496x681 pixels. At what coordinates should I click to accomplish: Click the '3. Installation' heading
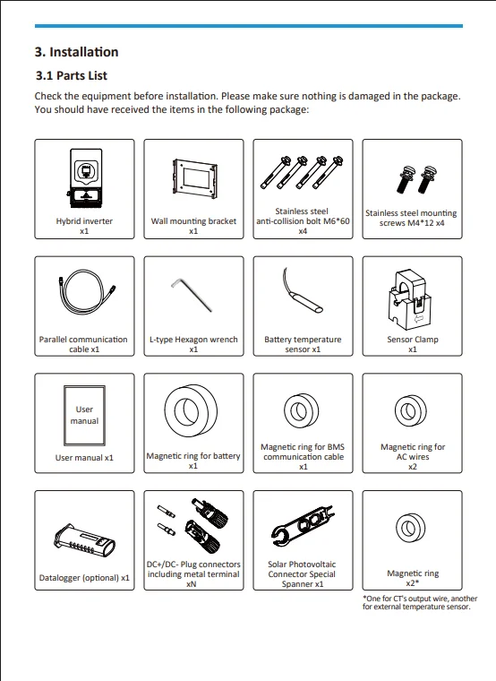point(76,52)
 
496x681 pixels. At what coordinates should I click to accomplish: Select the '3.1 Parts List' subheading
point(71,75)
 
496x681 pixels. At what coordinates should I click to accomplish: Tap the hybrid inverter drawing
point(85,179)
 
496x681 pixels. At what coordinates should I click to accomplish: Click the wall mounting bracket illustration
point(194,178)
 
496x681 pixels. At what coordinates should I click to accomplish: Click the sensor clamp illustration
point(408,299)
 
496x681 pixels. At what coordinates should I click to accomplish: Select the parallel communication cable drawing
point(86,292)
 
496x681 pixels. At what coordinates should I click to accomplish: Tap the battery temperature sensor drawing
point(303,296)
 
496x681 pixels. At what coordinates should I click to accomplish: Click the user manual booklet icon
point(84,416)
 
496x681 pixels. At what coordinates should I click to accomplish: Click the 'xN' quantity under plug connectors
point(192,584)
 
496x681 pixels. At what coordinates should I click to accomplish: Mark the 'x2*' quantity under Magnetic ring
point(412,582)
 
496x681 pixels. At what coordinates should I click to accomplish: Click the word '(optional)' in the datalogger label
point(100,578)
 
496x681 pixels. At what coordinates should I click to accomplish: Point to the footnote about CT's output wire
point(420,602)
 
